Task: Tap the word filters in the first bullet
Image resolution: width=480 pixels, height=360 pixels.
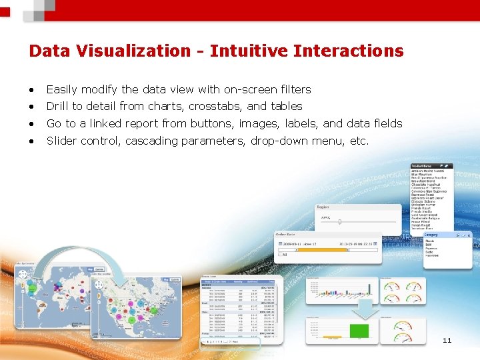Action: [x=293, y=89]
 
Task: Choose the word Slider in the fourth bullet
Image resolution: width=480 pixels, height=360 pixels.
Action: [x=61, y=141]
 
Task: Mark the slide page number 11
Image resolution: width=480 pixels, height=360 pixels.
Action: [x=447, y=341]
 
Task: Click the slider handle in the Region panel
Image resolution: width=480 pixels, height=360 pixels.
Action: [x=339, y=221]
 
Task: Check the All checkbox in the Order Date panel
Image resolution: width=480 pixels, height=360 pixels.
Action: [x=280, y=254]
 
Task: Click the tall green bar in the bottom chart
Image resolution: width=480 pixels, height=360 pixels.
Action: [x=359, y=331]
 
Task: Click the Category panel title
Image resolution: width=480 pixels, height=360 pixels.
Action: [x=431, y=235]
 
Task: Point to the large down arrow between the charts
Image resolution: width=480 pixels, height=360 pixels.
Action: [x=366, y=307]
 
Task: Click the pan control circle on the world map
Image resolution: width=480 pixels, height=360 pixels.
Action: [x=22, y=273]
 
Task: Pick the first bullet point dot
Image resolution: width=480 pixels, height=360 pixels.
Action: [x=31, y=90]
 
